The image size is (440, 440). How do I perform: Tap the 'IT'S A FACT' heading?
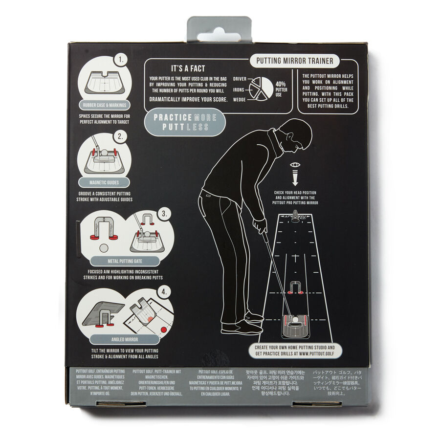pos(188,69)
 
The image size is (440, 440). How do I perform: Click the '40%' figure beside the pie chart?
pos(281,84)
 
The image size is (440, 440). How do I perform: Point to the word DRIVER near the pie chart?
pos(240,79)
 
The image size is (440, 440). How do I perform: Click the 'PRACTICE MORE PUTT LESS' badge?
pos(182,122)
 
